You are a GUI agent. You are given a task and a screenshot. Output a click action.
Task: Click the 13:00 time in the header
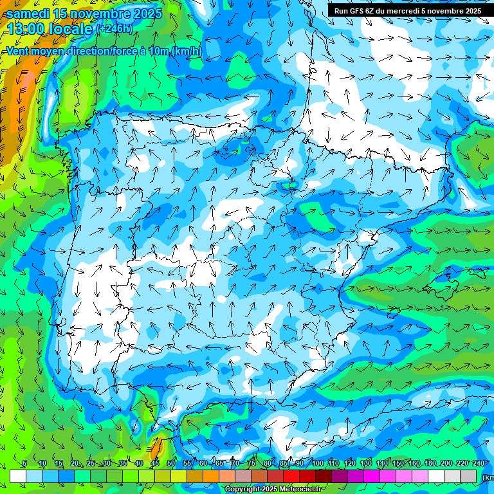coord(27,29)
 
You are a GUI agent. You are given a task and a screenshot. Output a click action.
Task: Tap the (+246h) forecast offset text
coord(114,29)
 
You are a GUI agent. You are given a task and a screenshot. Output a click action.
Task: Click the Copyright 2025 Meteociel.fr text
coord(273,489)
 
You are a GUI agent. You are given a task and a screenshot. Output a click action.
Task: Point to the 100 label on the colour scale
coord(318,464)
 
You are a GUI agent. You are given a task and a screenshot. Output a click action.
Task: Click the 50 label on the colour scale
coord(171,464)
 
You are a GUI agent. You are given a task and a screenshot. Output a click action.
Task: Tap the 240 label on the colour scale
coord(477,464)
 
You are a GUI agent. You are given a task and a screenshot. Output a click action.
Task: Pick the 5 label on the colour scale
coord(24,464)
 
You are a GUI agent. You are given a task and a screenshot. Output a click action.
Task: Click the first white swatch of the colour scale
coord(17,476)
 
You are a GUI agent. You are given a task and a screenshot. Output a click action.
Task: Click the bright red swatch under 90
coord(291,476)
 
